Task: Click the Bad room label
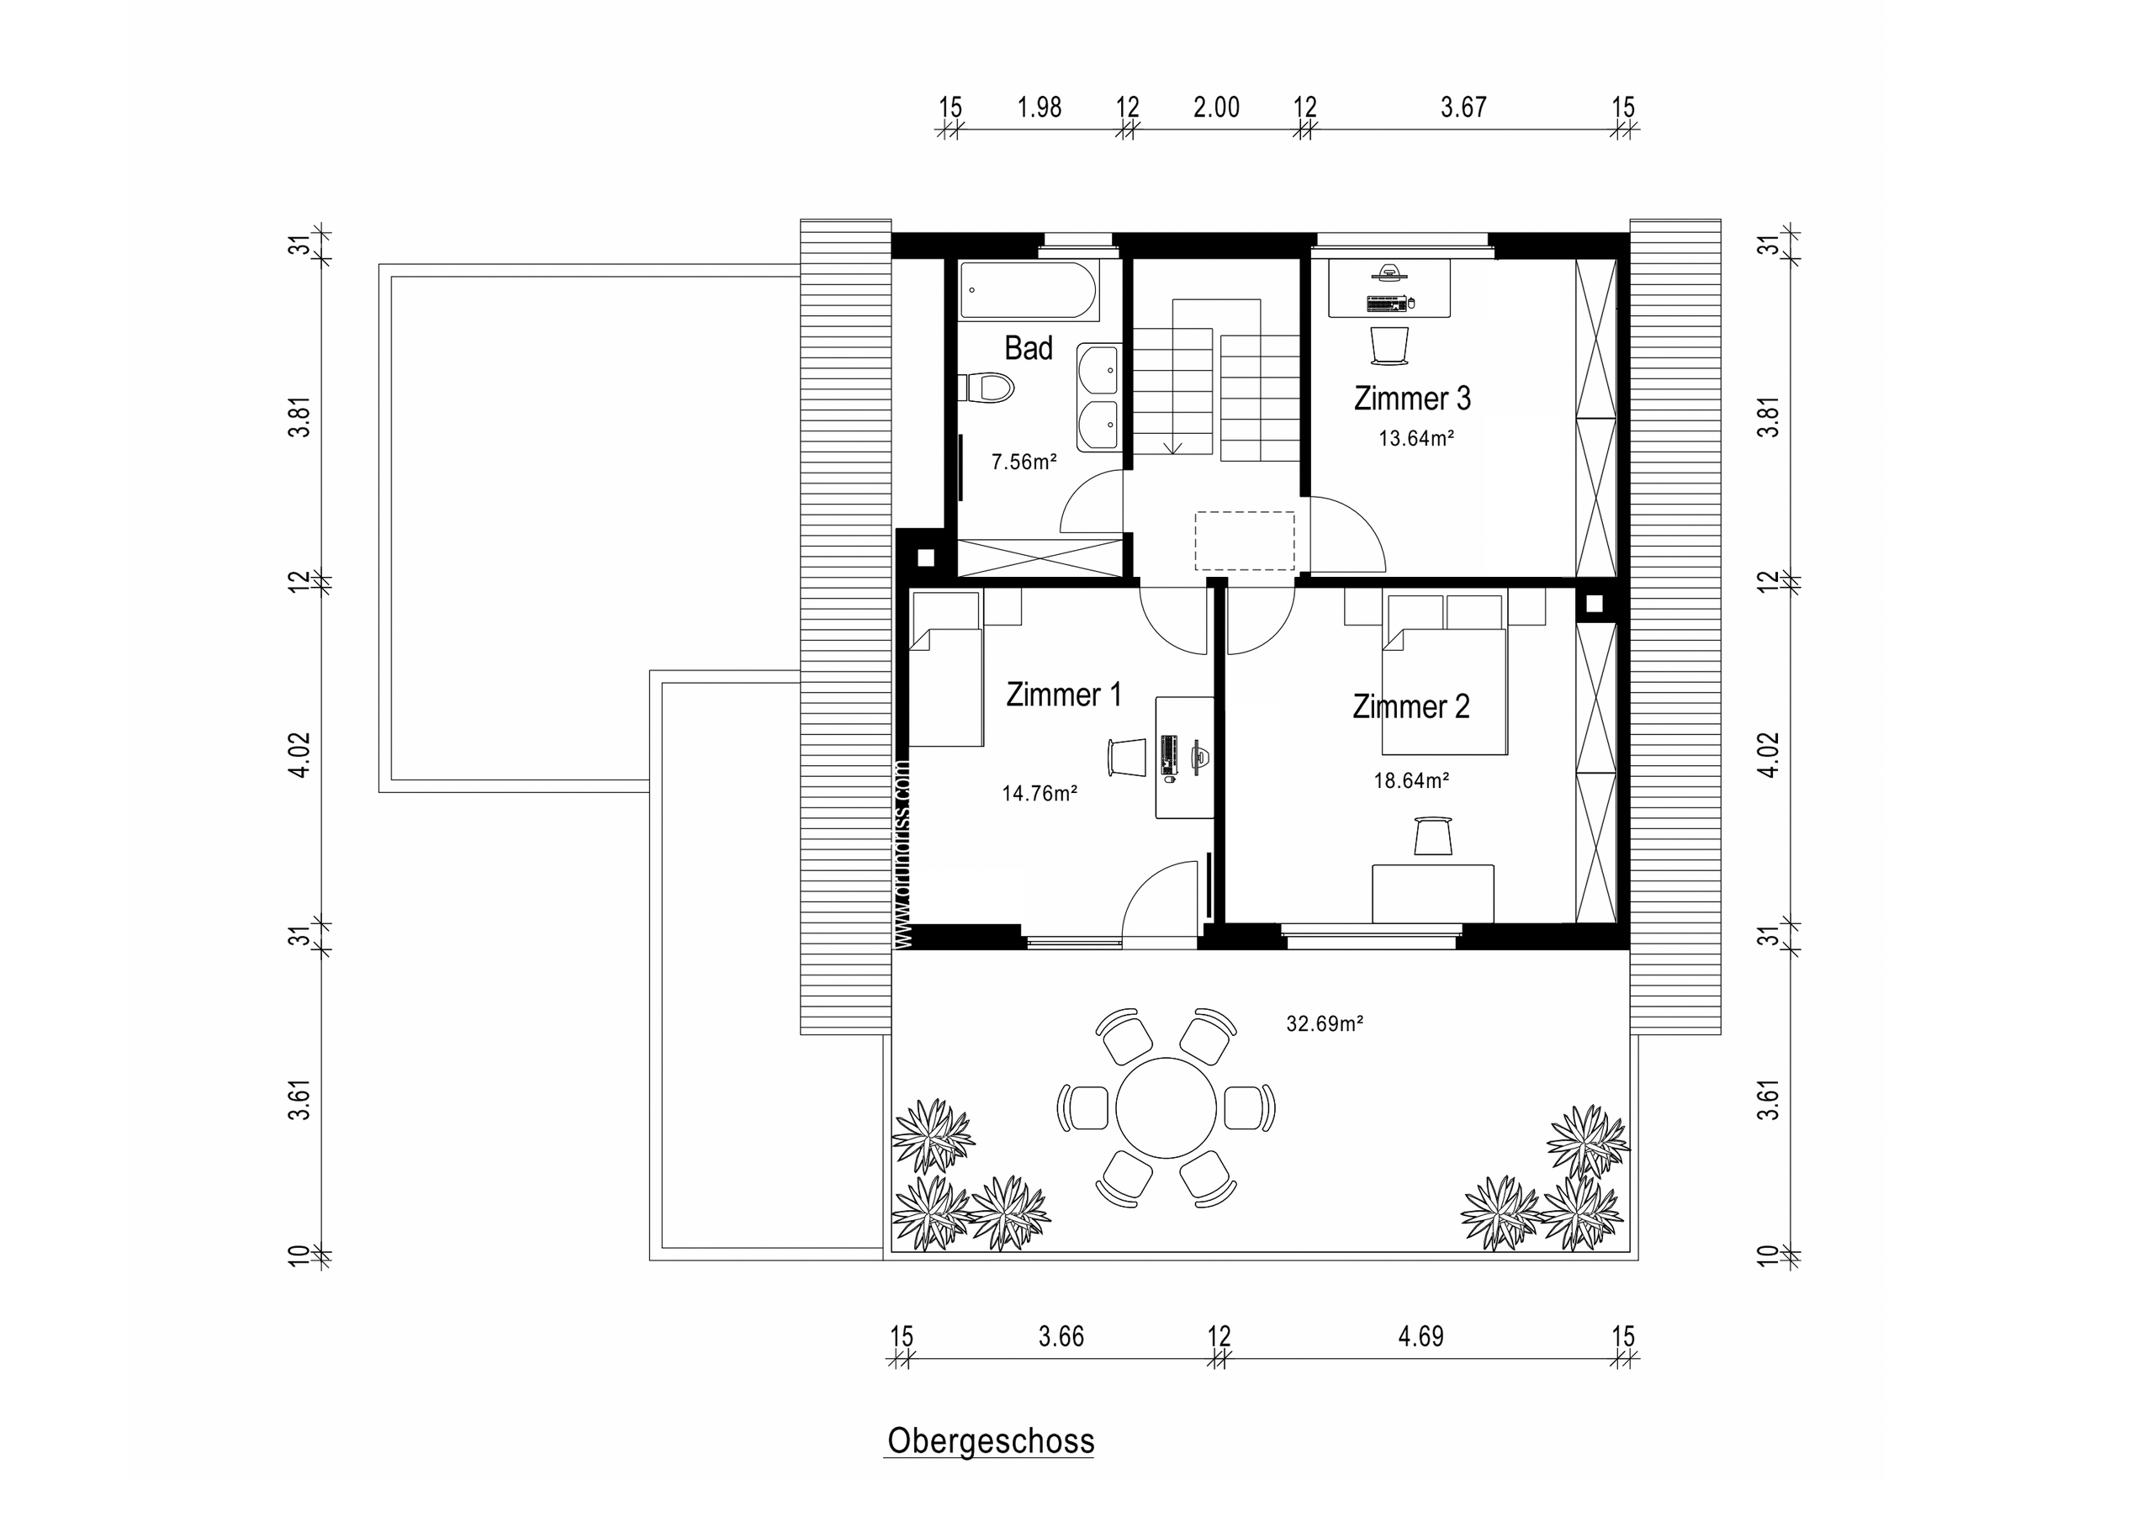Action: point(1028,349)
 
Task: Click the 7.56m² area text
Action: point(1024,462)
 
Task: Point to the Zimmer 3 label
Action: point(1411,399)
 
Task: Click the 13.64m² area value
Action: point(1415,438)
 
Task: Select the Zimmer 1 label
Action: point(1062,695)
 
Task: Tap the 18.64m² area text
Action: point(1411,780)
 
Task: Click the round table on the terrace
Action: point(1166,1108)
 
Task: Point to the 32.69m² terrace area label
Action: point(1324,1024)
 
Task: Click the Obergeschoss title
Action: point(990,1441)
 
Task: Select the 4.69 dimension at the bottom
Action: point(1420,1336)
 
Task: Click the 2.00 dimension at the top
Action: point(1216,108)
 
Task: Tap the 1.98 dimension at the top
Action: point(1039,108)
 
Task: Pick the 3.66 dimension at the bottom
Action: point(1061,1336)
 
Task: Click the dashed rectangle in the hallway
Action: point(1245,541)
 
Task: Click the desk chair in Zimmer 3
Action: point(1389,345)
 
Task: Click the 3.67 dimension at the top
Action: point(1463,108)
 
